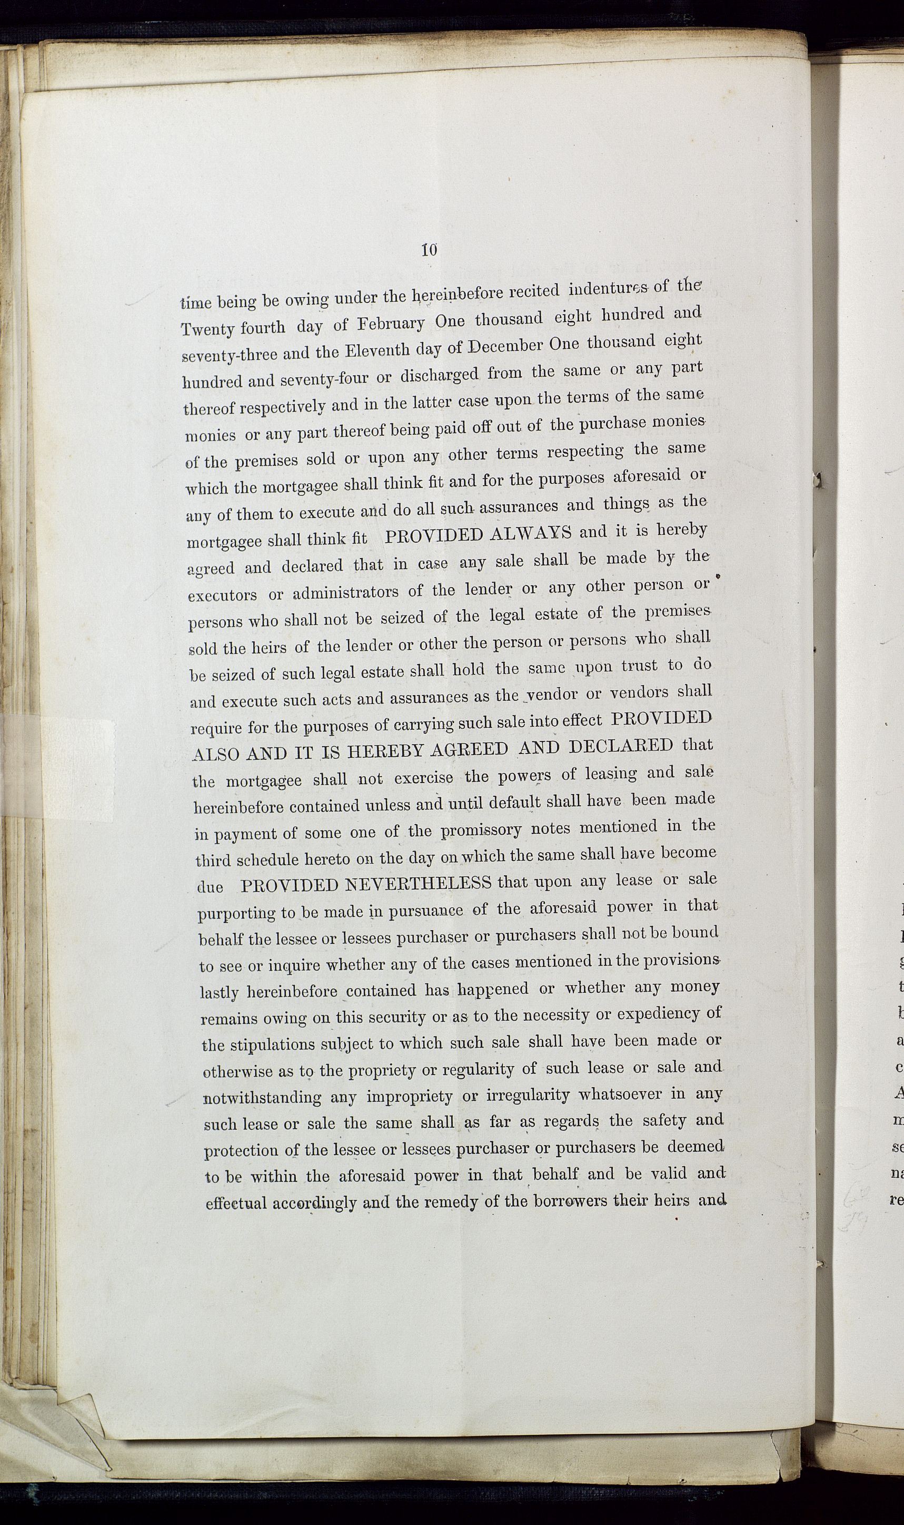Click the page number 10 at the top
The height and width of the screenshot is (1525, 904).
[429, 250]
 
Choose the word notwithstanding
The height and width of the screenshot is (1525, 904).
[263, 1098]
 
